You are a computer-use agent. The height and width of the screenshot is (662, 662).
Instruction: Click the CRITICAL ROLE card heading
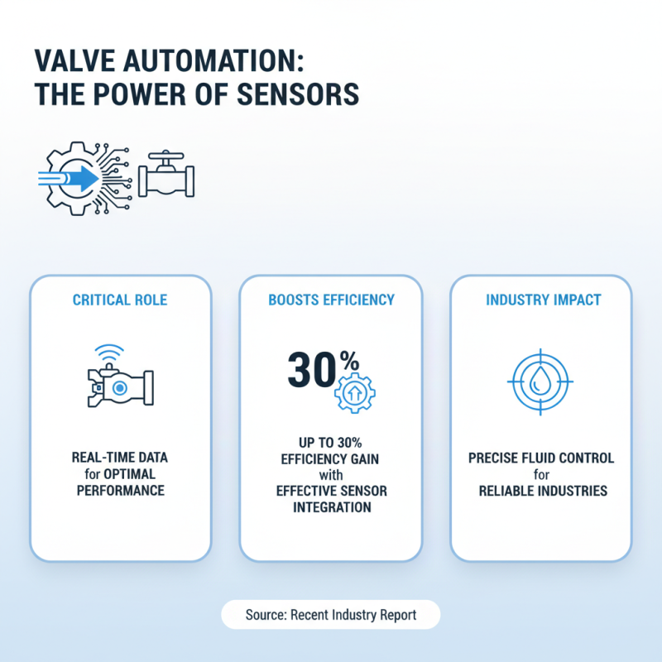(x=121, y=300)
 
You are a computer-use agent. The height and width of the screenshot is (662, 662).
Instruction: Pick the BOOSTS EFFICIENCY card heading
(x=331, y=300)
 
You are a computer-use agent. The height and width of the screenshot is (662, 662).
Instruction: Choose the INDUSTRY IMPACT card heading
(x=541, y=300)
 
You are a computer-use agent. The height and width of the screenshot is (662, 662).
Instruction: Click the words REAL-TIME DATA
(x=120, y=458)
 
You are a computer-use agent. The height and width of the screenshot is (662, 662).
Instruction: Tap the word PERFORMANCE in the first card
(x=120, y=491)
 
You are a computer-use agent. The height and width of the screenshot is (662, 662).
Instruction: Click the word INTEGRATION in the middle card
(x=331, y=507)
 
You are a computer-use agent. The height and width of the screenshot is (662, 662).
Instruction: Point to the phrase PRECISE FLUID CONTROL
(x=541, y=458)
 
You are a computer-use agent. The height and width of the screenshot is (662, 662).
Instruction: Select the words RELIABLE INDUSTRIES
(x=542, y=491)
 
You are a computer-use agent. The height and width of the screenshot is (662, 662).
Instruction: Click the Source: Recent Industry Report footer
(x=331, y=615)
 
